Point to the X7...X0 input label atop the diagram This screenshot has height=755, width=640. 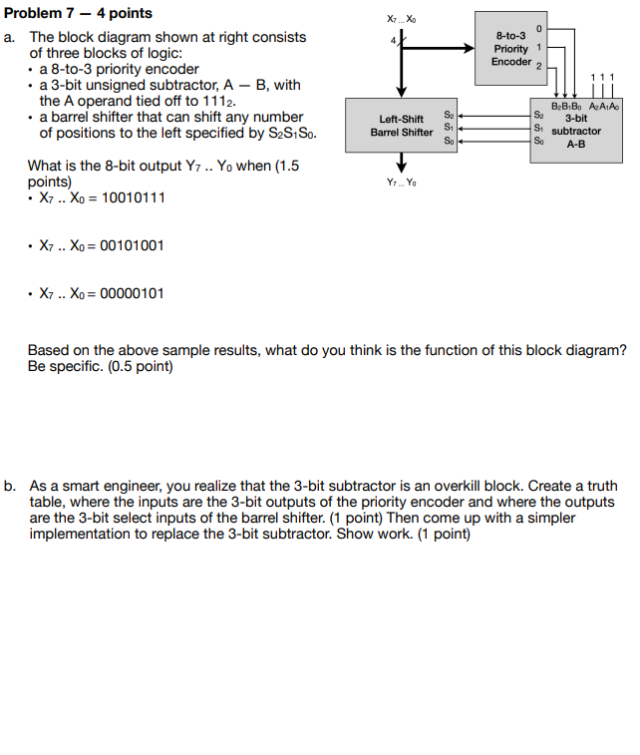[x=402, y=19]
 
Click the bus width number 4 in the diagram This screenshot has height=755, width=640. [x=392, y=40]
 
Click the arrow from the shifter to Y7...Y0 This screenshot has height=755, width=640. [x=402, y=163]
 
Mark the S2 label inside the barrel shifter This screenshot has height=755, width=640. [x=449, y=115]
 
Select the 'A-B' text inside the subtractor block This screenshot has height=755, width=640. [x=575, y=144]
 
